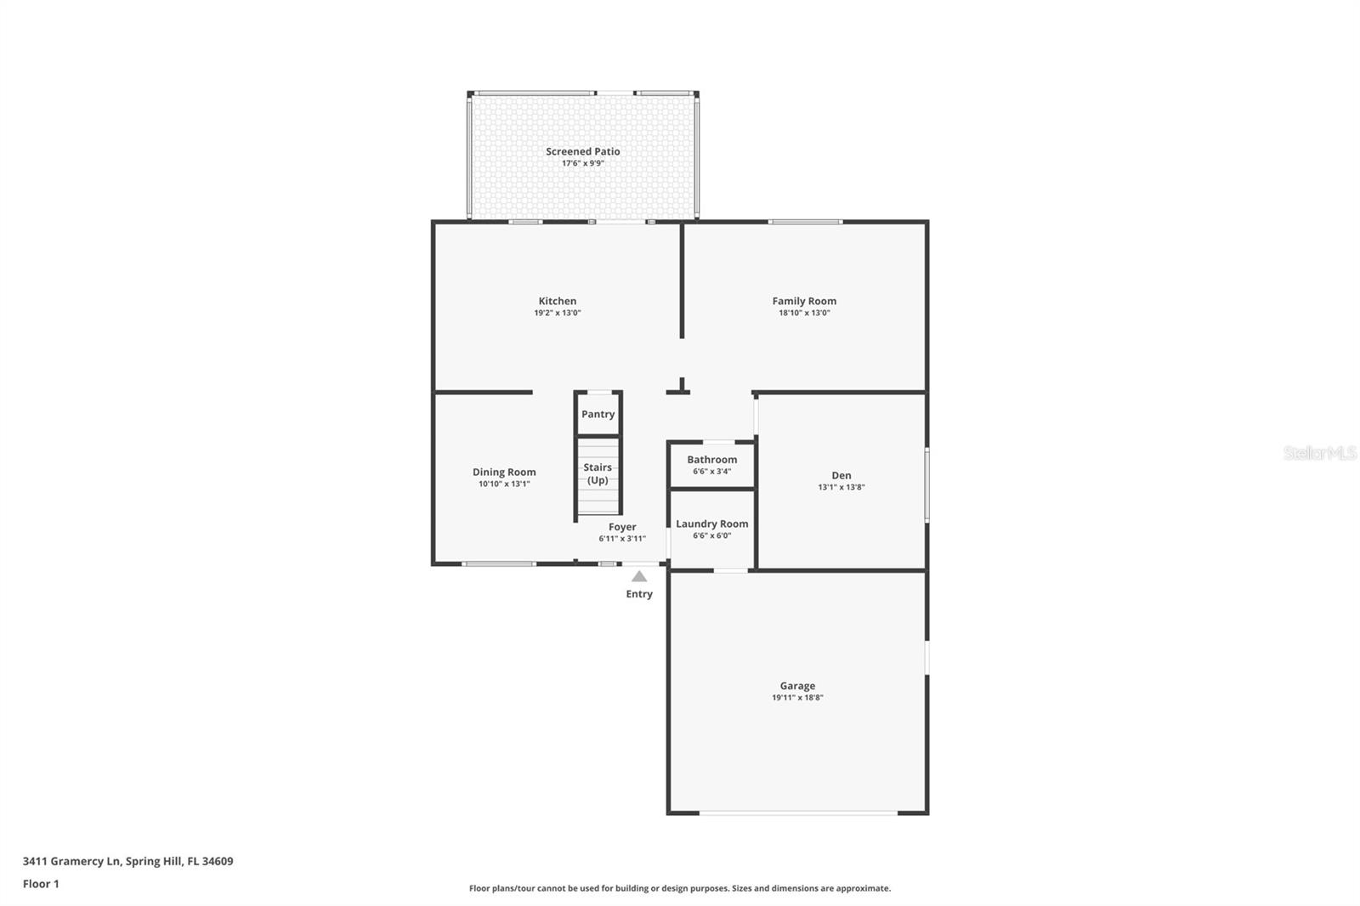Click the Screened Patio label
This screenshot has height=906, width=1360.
click(582, 151)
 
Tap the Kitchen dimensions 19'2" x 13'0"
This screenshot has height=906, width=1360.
click(557, 313)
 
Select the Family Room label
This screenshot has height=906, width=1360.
click(804, 301)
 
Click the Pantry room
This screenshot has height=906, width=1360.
click(598, 414)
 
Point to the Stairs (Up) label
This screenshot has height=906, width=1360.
click(598, 473)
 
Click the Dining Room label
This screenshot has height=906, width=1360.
click(504, 472)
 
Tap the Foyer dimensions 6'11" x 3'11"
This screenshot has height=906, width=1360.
click(622, 539)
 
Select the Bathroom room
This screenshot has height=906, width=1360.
click(711, 464)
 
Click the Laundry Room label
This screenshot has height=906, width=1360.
click(711, 524)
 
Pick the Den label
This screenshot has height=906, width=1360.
click(841, 475)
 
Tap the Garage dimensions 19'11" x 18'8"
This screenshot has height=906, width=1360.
click(797, 698)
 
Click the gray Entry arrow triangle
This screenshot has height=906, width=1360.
click(639, 576)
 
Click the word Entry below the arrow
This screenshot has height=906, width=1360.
click(639, 594)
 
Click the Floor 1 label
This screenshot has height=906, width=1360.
click(41, 884)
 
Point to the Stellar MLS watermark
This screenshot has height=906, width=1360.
click(1319, 453)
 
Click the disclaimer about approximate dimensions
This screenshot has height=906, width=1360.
click(680, 888)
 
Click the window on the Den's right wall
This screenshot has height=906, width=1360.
click(926, 484)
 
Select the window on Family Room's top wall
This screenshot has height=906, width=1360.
click(805, 222)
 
